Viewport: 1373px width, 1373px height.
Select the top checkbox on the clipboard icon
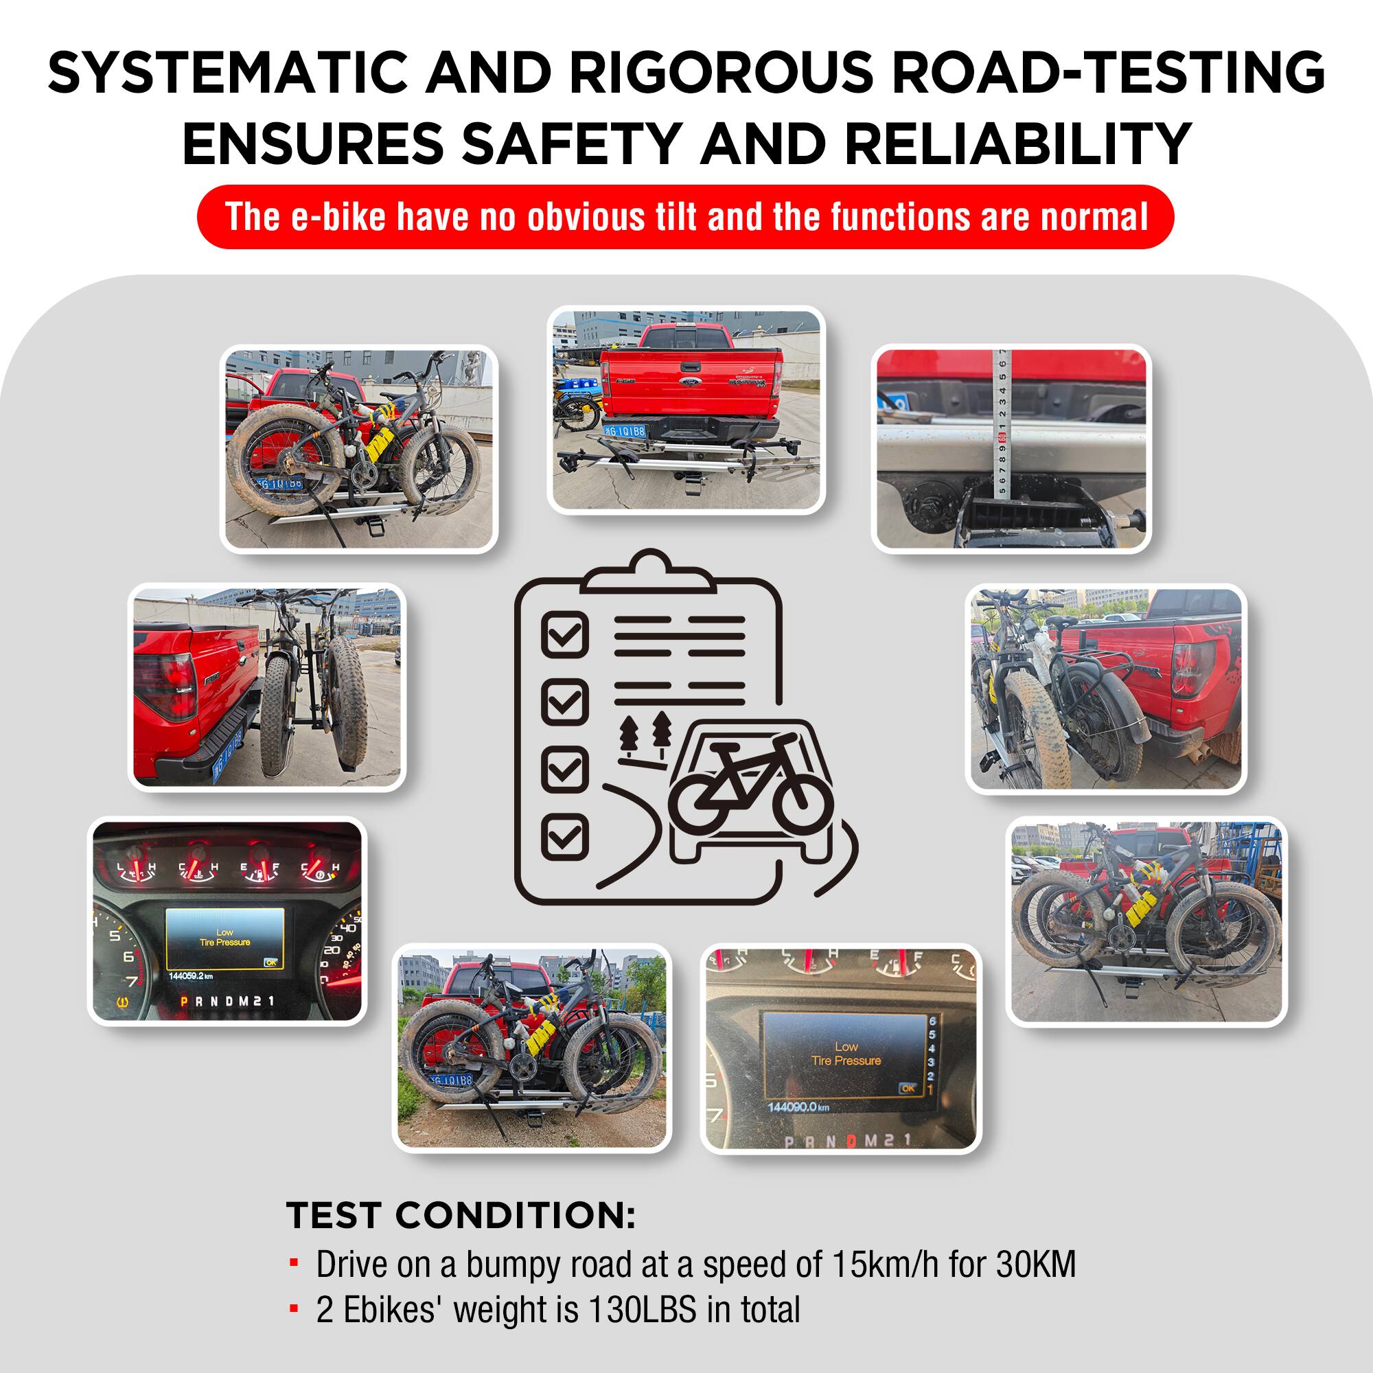pyautogui.click(x=565, y=633)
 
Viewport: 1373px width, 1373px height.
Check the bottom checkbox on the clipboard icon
pyautogui.click(x=565, y=836)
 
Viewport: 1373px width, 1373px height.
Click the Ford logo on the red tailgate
pyautogui.click(x=689, y=382)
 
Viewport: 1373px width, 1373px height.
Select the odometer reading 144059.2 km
pyautogui.click(x=190, y=976)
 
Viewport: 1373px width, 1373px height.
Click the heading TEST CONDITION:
pyautogui.click(x=461, y=1215)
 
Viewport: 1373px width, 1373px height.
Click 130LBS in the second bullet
pyautogui.click(x=643, y=1310)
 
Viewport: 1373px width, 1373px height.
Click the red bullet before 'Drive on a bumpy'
pyautogui.click(x=294, y=1264)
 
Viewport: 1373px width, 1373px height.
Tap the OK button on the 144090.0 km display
pyautogui.click(x=908, y=1088)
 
